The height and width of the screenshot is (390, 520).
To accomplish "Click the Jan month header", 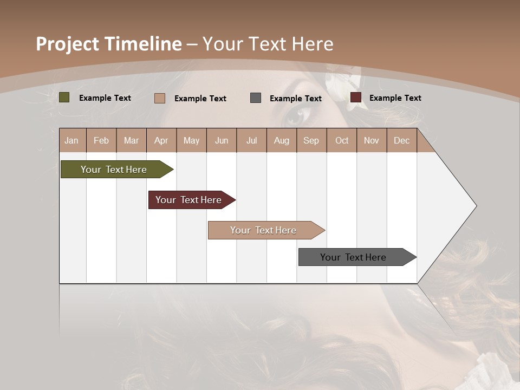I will [71, 140].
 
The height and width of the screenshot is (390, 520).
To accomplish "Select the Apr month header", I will [161, 140].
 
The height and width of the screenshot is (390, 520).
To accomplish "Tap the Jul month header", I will [251, 140].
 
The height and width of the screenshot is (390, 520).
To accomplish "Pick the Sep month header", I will [311, 140].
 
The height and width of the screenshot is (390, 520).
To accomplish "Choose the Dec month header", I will [401, 140].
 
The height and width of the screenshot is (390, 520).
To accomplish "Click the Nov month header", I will [371, 140].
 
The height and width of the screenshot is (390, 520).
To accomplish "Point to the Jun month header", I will [221, 140].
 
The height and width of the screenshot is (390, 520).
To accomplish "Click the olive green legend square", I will [64, 97].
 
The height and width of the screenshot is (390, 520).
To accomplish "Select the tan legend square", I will [160, 98].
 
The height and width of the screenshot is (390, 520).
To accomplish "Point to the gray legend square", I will [256, 98].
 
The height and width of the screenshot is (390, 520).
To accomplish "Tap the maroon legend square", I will [356, 97].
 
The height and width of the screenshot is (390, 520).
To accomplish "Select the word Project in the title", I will [68, 44].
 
